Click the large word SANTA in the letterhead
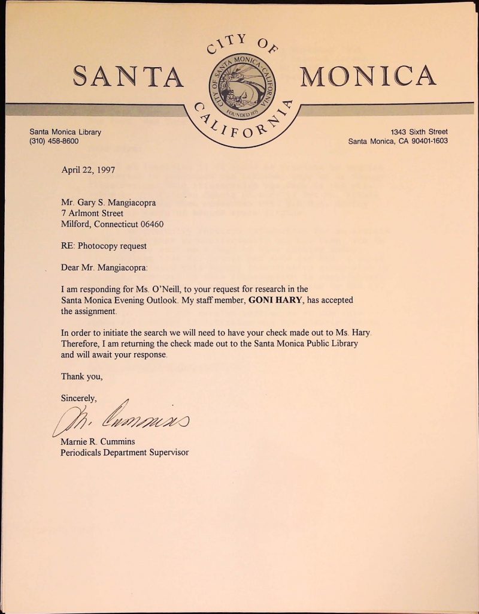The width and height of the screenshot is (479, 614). click(x=128, y=77)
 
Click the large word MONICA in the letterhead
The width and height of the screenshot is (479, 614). click(x=368, y=76)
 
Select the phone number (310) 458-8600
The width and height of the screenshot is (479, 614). click(x=54, y=142)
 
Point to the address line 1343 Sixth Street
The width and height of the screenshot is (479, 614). click(x=419, y=132)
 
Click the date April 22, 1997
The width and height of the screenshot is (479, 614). click(x=88, y=170)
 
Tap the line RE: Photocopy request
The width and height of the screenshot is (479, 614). click(x=104, y=246)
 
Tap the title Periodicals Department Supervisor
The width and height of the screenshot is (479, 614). click(x=125, y=452)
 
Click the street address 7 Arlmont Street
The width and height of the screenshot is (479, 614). click(x=92, y=213)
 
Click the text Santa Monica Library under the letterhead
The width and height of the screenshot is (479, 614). click(x=65, y=132)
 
